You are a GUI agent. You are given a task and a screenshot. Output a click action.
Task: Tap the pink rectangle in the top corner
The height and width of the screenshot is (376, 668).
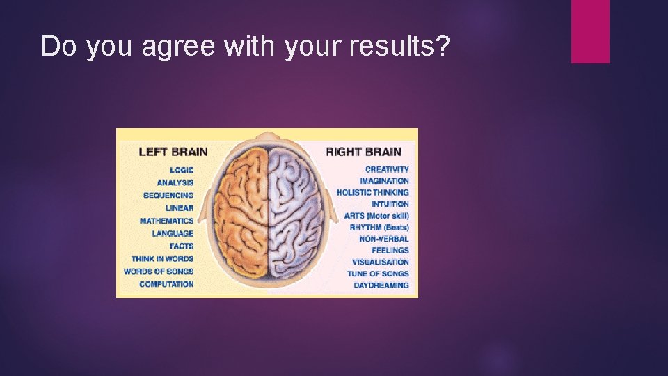click(590, 31)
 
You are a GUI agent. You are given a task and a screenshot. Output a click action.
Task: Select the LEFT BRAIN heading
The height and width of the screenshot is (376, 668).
click(173, 152)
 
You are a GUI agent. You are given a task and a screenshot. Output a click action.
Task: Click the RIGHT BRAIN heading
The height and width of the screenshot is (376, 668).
click(363, 152)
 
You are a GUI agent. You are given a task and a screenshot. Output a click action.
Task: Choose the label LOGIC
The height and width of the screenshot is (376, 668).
click(182, 170)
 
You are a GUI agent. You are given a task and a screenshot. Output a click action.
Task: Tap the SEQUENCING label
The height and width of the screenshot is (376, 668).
click(168, 195)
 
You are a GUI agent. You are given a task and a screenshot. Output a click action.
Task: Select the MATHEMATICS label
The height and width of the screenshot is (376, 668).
click(167, 221)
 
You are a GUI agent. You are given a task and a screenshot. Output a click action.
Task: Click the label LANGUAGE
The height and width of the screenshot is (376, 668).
click(173, 233)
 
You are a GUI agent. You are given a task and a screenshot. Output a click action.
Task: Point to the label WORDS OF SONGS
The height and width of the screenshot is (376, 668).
click(159, 271)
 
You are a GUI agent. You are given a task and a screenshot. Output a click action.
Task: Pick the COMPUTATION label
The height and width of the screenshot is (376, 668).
click(167, 284)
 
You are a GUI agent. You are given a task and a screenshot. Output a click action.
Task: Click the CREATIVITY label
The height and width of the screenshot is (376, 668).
click(387, 169)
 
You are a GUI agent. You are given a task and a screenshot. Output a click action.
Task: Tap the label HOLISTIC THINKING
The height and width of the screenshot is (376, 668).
click(373, 192)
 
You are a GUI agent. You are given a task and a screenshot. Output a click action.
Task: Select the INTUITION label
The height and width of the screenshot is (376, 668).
click(390, 204)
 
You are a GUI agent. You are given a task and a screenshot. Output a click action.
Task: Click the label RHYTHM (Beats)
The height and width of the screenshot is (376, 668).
click(379, 227)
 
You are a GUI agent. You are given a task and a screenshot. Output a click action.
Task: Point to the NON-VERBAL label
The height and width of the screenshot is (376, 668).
click(384, 239)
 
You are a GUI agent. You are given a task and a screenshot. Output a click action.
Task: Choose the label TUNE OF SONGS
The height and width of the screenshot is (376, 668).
click(379, 274)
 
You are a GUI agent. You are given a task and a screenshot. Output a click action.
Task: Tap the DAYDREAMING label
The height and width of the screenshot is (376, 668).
click(381, 285)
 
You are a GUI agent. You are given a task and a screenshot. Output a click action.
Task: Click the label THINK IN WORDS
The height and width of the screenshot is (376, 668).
click(162, 258)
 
